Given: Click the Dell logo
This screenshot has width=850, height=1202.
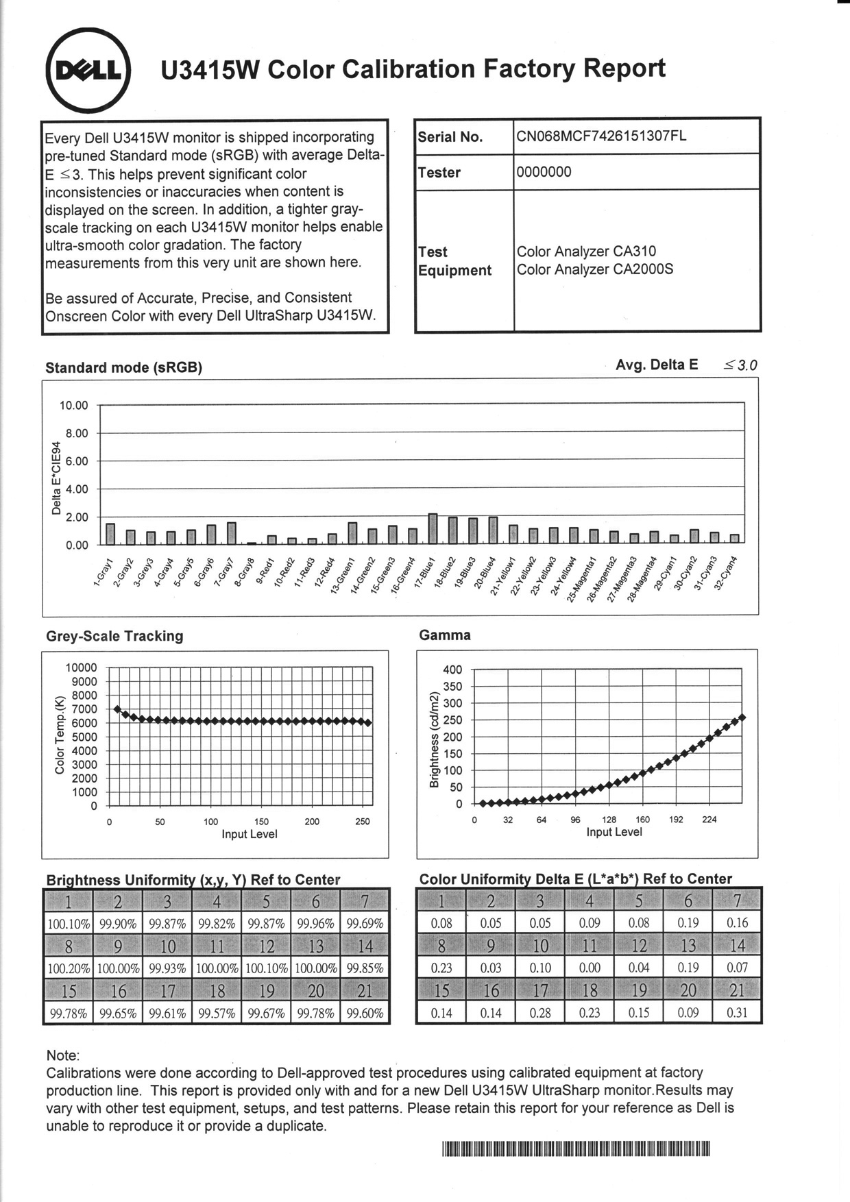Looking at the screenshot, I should tap(88, 71).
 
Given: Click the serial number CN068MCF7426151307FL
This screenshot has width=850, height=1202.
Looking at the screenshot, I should tap(601, 136).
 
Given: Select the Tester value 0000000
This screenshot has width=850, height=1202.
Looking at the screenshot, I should tap(544, 172).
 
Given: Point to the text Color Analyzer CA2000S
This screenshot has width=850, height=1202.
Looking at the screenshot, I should tap(594, 269).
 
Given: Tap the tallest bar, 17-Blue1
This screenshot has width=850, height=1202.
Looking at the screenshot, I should tap(433, 528).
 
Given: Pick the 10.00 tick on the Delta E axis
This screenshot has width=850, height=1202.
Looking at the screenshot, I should tap(74, 405).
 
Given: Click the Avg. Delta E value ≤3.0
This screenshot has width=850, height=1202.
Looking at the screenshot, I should tap(740, 365).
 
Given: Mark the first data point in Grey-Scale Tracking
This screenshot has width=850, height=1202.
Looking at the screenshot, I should tap(117, 709).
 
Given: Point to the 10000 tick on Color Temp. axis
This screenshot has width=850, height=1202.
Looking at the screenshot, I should tap(81, 667).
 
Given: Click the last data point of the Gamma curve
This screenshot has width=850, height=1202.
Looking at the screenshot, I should tap(742, 717).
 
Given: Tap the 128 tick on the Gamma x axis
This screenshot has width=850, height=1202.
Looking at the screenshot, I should tap(609, 820).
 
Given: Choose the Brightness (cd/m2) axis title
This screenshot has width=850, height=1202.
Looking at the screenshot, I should tap(434, 740).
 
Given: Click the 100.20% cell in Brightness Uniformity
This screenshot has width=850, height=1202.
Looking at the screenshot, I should tap(69, 969).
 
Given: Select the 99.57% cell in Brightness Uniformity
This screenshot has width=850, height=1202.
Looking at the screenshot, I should tap(217, 1014).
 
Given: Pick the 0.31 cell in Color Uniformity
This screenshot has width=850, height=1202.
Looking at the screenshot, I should tap(737, 1012).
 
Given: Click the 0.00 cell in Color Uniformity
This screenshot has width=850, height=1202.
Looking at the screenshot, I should tap(590, 968).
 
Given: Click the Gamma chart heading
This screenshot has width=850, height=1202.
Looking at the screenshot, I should tap(445, 635).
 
